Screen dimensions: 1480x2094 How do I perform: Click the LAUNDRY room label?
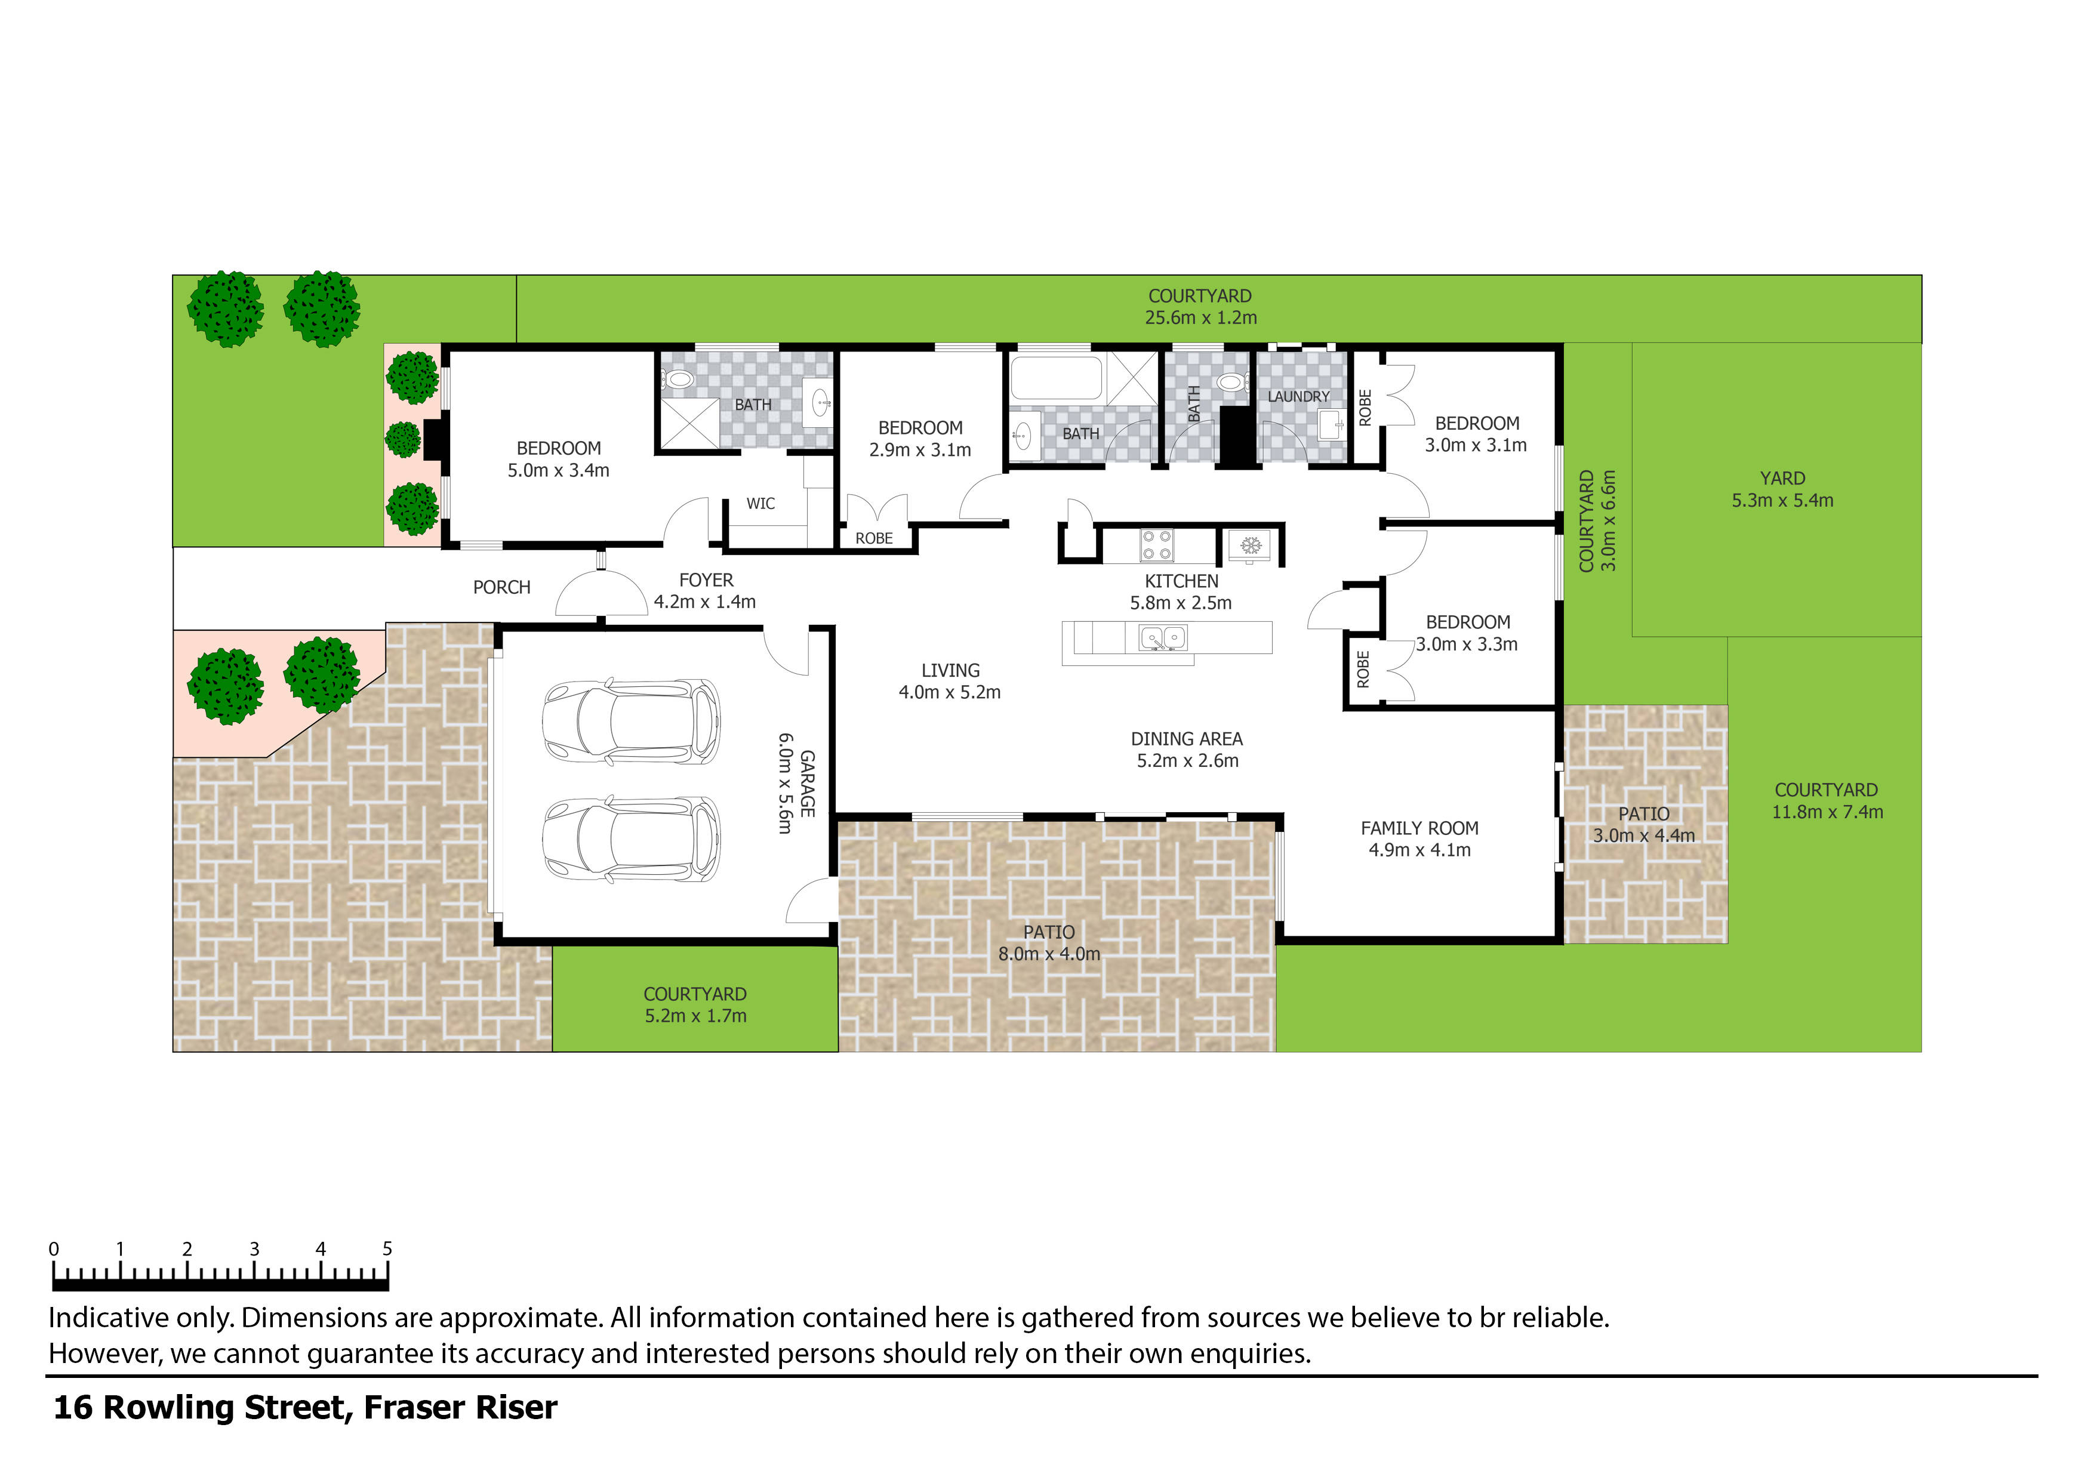point(1298,397)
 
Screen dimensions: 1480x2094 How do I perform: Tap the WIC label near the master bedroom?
point(760,503)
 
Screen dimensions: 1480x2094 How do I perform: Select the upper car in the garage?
point(631,722)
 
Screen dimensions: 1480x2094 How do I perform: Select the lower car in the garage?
point(631,840)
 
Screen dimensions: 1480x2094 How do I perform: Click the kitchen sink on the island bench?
point(1163,637)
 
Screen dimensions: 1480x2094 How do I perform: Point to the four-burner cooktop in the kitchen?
point(1156,545)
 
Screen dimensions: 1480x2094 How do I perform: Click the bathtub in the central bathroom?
point(1056,378)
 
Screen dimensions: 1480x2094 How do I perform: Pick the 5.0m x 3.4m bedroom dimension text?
point(558,470)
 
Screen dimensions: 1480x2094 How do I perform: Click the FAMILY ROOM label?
point(1419,828)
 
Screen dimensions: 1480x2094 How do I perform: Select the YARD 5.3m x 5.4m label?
point(1782,489)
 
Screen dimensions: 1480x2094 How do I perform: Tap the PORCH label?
point(501,587)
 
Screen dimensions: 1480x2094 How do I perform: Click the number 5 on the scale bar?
point(387,1248)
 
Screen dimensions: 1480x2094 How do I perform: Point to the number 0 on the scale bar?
point(54,1248)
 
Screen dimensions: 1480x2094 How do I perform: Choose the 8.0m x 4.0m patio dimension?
point(1049,954)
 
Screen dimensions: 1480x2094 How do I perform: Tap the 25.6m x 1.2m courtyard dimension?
point(1200,317)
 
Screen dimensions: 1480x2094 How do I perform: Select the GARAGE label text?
point(807,784)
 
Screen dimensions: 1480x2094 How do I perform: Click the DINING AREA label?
point(1187,739)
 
